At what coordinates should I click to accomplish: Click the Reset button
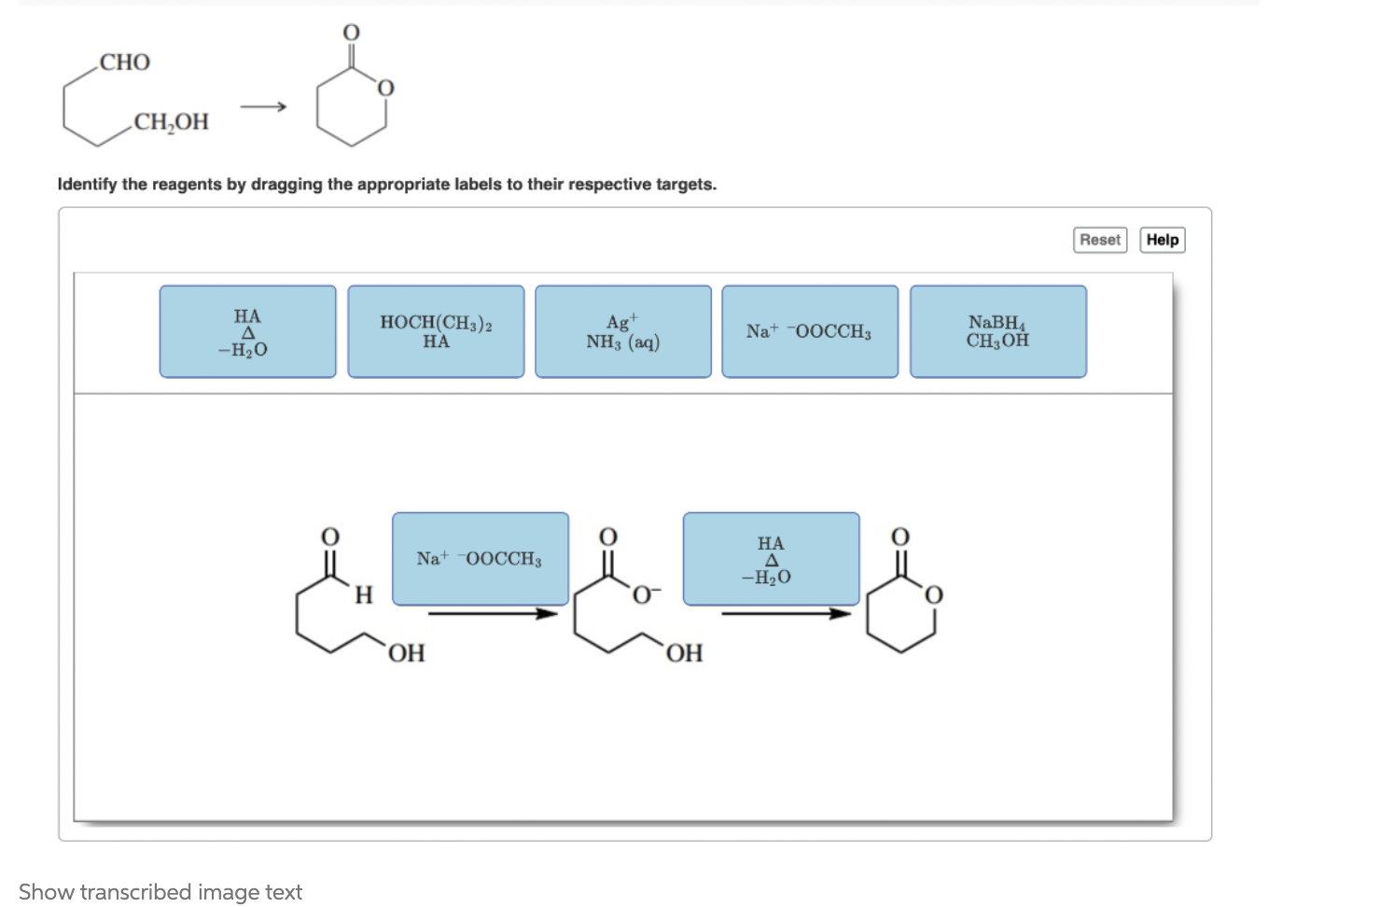click(x=1100, y=240)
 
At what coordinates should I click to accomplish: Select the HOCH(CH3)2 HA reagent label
click(x=436, y=331)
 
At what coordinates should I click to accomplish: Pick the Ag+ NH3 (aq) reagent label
click(x=622, y=331)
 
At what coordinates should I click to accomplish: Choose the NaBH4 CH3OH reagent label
click(x=997, y=331)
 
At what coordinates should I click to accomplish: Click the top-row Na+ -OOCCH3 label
click(x=809, y=331)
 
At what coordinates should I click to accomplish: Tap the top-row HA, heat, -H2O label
click(x=247, y=331)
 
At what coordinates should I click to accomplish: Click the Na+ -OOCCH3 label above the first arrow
click(x=480, y=558)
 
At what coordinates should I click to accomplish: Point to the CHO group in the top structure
click(x=125, y=63)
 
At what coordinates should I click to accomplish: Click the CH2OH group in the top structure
click(x=171, y=122)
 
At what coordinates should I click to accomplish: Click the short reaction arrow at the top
click(x=263, y=107)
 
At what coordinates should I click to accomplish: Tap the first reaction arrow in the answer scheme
click(x=493, y=613)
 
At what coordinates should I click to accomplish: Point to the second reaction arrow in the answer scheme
click(x=786, y=613)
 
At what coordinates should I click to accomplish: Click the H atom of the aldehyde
click(x=364, y=595)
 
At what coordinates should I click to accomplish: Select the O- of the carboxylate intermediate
click(x=646, y=594)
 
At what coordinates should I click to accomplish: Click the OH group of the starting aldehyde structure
click(x=406, y=653)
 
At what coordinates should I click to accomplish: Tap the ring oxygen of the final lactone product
click(x=933, y=595)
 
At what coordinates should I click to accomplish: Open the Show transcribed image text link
click(x=160, y=892)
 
